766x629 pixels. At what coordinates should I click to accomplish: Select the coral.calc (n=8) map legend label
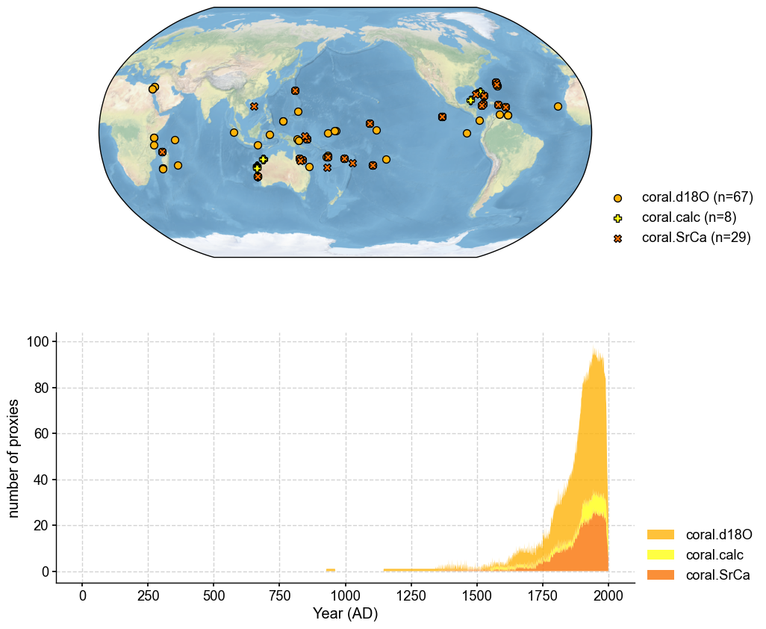click(x=690, y=217)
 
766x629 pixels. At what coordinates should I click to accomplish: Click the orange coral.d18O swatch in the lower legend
click(x=660, y=534)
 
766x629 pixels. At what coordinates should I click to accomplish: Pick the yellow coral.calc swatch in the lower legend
click(x=660, y=554)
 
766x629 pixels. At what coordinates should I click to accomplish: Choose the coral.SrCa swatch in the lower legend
click(x=660, y=574)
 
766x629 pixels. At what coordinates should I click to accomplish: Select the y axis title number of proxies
click(x=14, y=457)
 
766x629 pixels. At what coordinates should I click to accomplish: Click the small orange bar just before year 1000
click(x=331, y=570)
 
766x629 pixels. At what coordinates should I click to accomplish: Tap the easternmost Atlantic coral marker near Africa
click(x=558, y=106)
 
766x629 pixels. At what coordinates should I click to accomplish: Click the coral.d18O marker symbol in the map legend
click(x=617, y=198)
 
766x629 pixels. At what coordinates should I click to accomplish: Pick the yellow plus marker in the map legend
click(x=617, y=218)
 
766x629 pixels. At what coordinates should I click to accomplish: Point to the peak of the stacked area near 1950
click(x=594, y=348)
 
